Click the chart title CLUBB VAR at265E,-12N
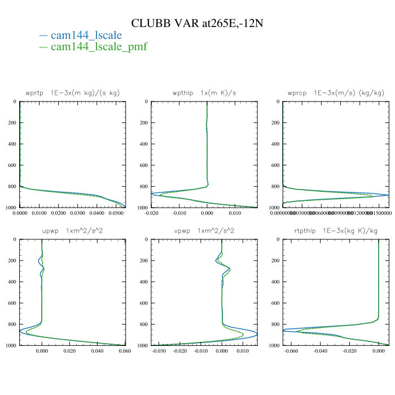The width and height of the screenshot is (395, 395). (x=197, y=23)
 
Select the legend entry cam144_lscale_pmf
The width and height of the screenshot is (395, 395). (x=99, y=47)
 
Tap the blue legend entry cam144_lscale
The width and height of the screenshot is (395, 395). (x=86, y=36)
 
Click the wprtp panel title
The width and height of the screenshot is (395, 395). (x=72, y=93)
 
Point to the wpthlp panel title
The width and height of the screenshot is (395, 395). (x=204, y=93)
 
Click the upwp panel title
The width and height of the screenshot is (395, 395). (x=72, y=231)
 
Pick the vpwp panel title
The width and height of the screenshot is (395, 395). (x=204, y=231)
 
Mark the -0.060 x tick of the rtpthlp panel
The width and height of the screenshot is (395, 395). (x=291, y=351)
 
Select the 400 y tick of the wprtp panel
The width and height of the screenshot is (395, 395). (x=12, y=144)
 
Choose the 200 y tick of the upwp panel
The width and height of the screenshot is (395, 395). (x=12, y=261)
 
